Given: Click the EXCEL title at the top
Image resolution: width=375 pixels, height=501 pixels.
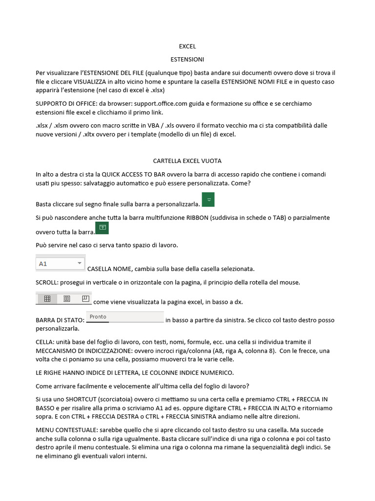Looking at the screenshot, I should coord(187,46).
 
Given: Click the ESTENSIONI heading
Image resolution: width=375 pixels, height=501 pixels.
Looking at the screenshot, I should coord(187,59).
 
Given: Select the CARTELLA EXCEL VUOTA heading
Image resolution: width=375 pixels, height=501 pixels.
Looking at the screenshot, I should coord(187,160).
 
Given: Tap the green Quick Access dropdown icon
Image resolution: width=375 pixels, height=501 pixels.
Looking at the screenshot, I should coord(208,200).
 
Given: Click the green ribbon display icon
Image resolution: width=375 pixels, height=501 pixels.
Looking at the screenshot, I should coord(103,228).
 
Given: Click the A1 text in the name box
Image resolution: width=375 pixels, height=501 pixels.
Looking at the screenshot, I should coord(43,264).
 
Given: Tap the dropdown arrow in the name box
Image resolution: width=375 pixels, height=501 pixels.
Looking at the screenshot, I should coord(80,263).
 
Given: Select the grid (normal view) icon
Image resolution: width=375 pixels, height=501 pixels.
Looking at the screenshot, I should coord(47,298).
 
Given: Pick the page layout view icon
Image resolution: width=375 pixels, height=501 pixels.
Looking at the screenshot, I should coord(67,298).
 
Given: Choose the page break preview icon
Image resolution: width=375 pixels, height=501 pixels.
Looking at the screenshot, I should coord(85,298).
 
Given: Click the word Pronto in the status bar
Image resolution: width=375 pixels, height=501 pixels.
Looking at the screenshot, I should coord(98,317).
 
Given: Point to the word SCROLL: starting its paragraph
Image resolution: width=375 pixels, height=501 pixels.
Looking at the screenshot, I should coord(46,282).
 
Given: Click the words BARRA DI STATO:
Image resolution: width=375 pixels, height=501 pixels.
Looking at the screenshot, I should coord(61,320).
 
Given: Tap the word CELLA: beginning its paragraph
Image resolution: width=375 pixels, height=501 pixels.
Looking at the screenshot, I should coord(45,342).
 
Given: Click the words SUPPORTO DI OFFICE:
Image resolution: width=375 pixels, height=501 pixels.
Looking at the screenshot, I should coord(65,103).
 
